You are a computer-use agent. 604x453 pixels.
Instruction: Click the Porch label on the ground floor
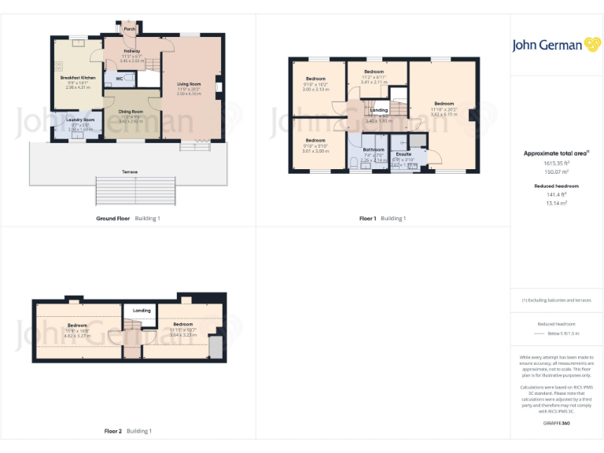(130, 29)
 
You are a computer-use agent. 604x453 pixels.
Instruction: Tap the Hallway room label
(131, 51)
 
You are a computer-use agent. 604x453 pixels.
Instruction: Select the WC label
(120, 79)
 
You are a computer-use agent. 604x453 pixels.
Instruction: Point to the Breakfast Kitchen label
(78, 78)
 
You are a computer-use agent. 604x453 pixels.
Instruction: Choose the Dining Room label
(131, 112)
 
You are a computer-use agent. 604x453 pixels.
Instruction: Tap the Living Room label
(189, 83)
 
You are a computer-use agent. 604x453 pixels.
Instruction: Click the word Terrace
(130, 171)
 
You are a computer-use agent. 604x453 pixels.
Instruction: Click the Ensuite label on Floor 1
(403, 154)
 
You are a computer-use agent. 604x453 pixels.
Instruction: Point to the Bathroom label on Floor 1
(374, 149)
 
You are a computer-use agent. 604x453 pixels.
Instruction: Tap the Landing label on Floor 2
(142, 311)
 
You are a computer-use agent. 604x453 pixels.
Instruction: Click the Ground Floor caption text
(112, 218)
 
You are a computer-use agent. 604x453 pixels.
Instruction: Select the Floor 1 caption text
(367, 218)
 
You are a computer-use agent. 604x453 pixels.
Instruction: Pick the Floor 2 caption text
(113, 431)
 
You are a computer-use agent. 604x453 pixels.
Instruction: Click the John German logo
(556, 45)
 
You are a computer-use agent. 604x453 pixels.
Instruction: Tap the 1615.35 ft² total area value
(556, 164)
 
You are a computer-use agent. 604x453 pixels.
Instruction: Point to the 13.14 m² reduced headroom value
(556, 202)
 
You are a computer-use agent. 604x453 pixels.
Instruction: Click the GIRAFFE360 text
(556, 423)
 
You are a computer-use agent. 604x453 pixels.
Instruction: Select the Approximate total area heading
(556, 153)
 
